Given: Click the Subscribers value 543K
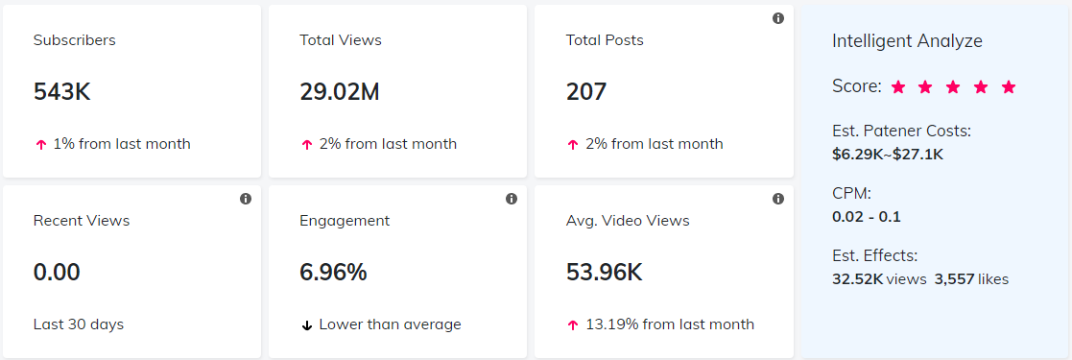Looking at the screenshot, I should point(61,92).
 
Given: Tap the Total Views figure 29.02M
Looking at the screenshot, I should point(340,92).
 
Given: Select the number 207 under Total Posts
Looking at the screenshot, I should point(586,92).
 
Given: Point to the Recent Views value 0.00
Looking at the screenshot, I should point(57,273).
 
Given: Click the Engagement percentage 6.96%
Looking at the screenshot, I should point(333,273).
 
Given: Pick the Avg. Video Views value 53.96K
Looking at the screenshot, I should point(605,273).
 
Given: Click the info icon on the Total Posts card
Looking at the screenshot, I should point(778,18).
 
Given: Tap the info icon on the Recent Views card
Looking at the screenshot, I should point(246,199).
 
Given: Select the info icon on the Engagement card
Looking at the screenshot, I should point(512,199).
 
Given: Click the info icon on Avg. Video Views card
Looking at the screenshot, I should point(778,199).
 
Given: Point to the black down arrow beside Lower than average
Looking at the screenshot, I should point(307,325).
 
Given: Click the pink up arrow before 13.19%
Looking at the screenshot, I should point(573,325).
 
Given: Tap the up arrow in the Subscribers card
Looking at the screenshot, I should point(40,145).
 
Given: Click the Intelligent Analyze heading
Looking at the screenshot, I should point(907,41).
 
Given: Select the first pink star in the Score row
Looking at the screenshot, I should point(898,87).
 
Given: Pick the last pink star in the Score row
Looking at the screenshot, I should point(1009,87).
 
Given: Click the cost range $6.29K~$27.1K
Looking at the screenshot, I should point(889,152).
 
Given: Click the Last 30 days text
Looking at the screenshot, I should point(79,324).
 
